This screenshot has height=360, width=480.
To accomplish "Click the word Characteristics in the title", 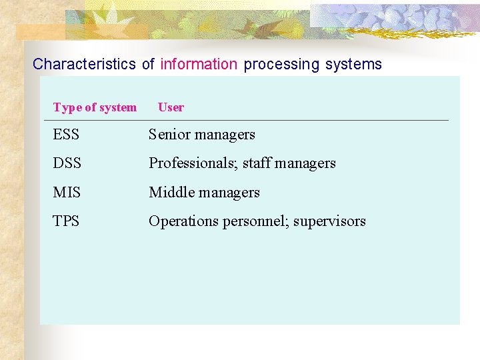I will [x=84, y=65].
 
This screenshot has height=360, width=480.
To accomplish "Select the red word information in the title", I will [x=199, y=65].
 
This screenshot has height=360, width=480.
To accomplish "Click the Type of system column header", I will [x=95, y=107].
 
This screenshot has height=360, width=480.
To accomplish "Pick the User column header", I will [x=171, y=107].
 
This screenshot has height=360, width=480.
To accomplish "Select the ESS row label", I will [x=66, y=135].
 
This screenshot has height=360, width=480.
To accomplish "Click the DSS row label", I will [x=67, y=163].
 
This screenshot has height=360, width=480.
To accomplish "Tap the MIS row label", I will [x=67, y=193].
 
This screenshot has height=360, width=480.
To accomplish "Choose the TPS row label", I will [x=66, y=221].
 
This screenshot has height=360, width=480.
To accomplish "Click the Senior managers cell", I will [x=202, y=135].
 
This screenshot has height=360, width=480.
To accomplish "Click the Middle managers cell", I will [x=204, y=193].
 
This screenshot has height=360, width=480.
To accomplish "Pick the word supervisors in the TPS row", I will [x=329, y=221].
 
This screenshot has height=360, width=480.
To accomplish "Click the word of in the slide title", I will [x=148, y=65].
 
